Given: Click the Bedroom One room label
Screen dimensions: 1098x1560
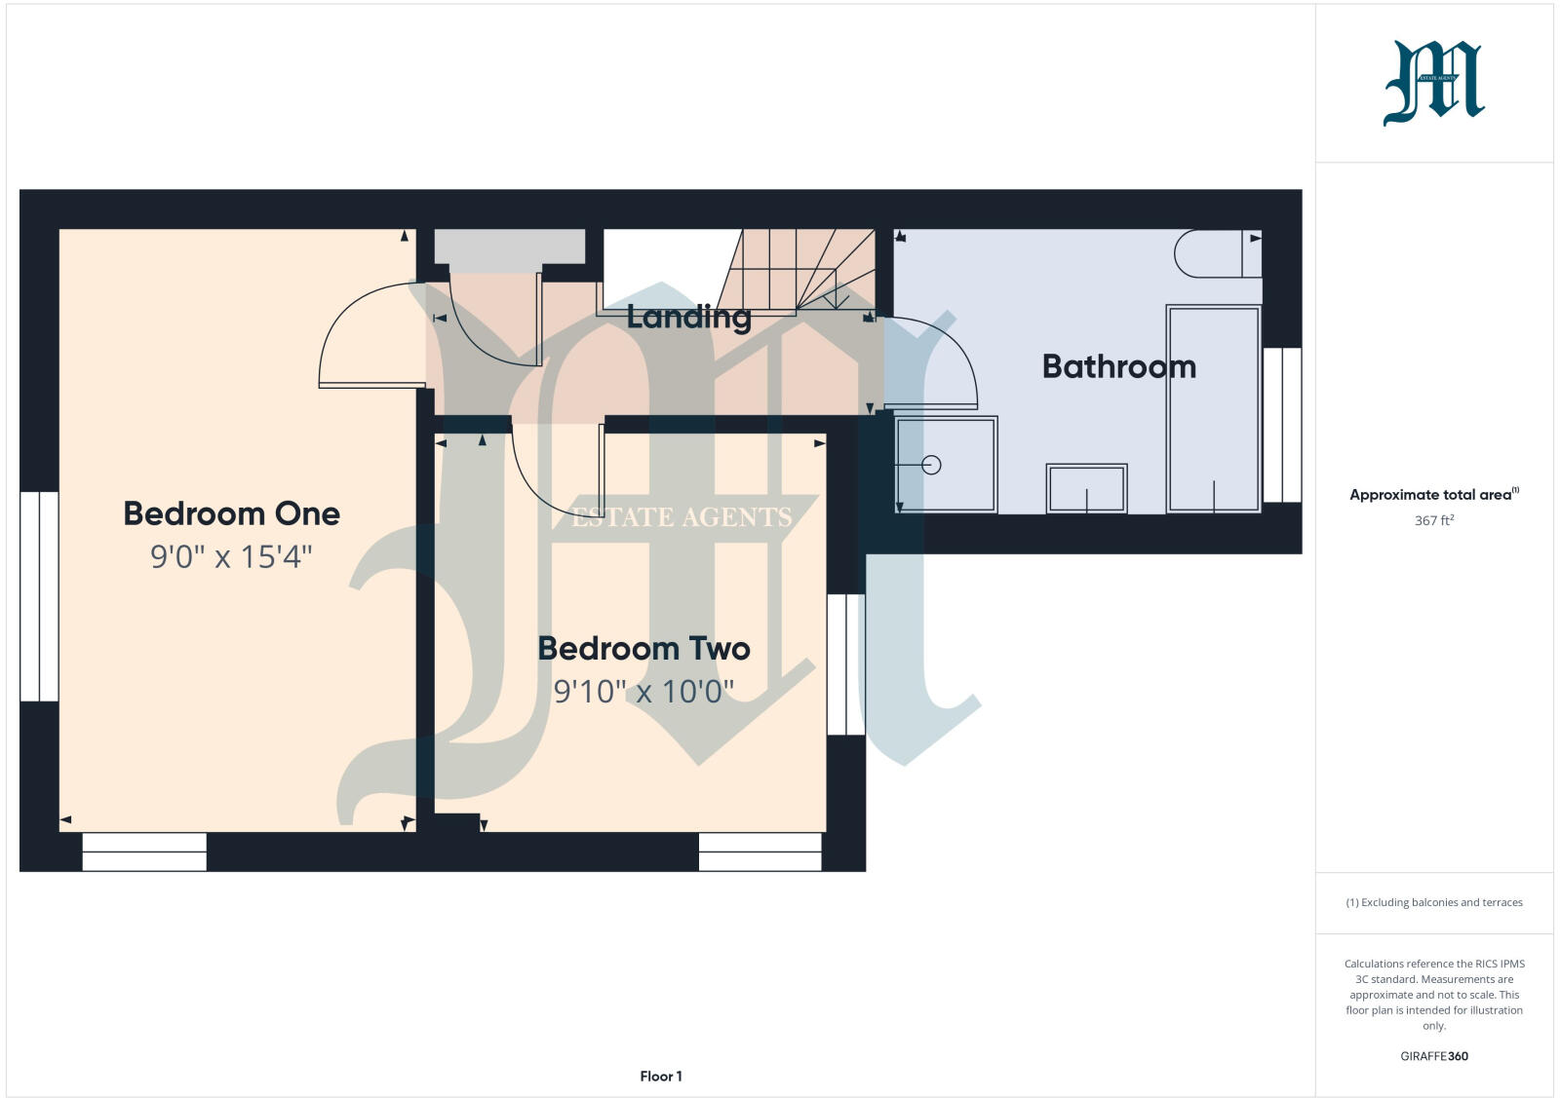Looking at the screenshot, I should (231, 513).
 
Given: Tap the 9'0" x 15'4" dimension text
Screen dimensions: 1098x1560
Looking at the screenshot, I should (231, 556).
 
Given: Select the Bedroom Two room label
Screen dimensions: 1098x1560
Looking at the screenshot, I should (643, 648).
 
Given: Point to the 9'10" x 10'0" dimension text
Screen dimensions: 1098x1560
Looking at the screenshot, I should (643, 691).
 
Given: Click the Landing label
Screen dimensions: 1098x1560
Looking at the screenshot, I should (688, 317).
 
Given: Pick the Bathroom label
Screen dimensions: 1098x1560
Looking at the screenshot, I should (1118, 366).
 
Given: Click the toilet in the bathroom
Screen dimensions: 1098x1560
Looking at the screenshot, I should (1217, 253).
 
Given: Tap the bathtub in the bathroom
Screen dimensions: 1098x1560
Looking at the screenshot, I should (1214, 408).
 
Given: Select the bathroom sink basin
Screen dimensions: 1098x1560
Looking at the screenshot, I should (1086, 488).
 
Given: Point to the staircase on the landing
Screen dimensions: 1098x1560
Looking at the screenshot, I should (799, 269).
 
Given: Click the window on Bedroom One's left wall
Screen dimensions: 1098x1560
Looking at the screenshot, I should (39, 595).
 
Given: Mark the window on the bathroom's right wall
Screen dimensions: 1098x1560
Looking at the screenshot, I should (1282, 425).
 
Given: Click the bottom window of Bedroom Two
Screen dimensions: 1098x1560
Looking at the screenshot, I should (760, 852).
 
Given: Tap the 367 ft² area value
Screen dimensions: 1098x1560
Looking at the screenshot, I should (1433, 520).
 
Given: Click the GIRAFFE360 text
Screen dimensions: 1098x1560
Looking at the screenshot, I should (1433, 1056).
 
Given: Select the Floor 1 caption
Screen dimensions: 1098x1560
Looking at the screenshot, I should (661, 1077).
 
